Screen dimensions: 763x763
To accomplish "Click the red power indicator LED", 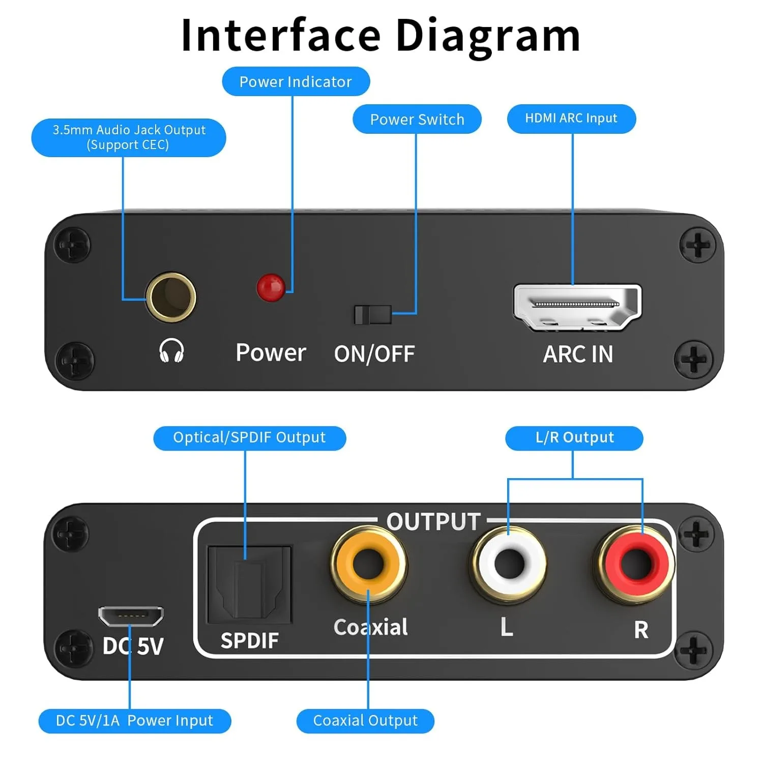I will click(271, 287).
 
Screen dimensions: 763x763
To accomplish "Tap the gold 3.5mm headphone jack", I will click(171, 297).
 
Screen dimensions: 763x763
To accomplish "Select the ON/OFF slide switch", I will click(373, 315).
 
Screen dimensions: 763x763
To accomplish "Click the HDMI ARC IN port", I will click(577, 306).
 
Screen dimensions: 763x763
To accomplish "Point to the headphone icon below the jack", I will click(171, 350).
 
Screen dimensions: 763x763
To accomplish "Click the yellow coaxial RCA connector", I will click(368, 564).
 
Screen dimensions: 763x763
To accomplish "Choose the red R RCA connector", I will click(636, 564).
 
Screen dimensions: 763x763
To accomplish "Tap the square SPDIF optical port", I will click(249, 585).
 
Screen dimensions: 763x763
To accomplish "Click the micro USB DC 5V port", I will click(131, 616).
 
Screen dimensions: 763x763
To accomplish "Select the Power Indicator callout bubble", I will click(296, 81).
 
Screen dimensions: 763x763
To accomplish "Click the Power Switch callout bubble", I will click(417, 119).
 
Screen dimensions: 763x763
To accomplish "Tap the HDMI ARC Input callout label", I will click(571, 119).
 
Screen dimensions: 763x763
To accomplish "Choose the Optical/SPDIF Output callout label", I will click(249, 437).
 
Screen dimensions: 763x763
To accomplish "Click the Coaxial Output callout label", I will click(365, 720).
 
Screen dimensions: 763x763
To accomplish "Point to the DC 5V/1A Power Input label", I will click(134, 720).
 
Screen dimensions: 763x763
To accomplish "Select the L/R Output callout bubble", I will click(574, 437).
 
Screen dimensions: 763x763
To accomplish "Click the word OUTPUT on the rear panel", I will click(433, 522).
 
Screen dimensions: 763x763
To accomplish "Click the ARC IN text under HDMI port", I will click(578, 354).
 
